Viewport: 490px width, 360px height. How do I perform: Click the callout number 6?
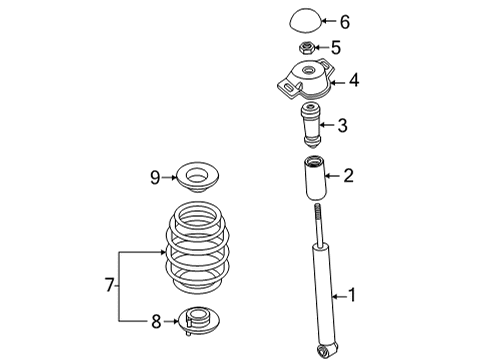pos(345,22)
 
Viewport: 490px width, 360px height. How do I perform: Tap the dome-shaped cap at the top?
pos(305,20)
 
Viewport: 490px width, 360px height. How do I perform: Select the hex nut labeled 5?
pos(306,47)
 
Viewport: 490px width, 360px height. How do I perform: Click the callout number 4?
pos(354,80)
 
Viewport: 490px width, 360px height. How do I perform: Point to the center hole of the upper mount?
pos(308,70)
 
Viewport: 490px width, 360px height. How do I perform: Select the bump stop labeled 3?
pos(311,126)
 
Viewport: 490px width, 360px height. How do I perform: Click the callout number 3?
pos(342,126)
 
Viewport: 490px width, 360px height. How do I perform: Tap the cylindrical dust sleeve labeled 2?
pos(315,178)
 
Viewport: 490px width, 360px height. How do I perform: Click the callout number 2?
pos(348,175)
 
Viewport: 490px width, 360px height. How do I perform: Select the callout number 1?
pos(352,295)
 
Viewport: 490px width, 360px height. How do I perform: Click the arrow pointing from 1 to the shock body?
pos(339,296)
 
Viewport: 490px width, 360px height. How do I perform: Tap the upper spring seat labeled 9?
pos(199,176)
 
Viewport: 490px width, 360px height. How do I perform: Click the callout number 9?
pos(155,178)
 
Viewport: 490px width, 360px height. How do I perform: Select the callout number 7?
pos(109,285)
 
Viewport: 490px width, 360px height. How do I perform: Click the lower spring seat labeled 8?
pos(199,320)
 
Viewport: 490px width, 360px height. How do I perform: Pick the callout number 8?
pos(156,322)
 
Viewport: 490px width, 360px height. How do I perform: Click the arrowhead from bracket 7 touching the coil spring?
pos(163,252)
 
